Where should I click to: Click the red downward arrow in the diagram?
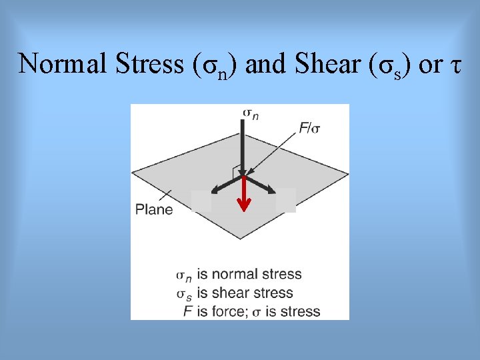click(244, 194)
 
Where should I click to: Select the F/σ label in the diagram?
click(309, 128)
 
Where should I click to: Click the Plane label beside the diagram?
click(154, 209)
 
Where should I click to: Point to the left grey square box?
click(201, 201)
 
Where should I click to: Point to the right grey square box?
click(285, 200)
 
